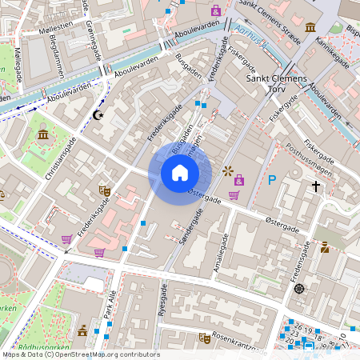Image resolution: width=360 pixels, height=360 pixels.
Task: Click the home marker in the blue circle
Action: click(x=180, y=173)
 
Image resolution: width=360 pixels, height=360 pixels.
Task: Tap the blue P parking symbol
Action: click(x=272, y=181)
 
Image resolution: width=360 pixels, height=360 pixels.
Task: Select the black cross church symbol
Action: click(x=316, y=187)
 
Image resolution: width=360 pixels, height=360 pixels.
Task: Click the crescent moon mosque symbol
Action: click(x=99, y=115)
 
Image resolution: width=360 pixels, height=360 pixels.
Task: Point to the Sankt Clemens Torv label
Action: click(x=276, y=84)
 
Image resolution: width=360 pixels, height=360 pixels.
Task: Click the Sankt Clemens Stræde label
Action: click(x=270, y=32)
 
